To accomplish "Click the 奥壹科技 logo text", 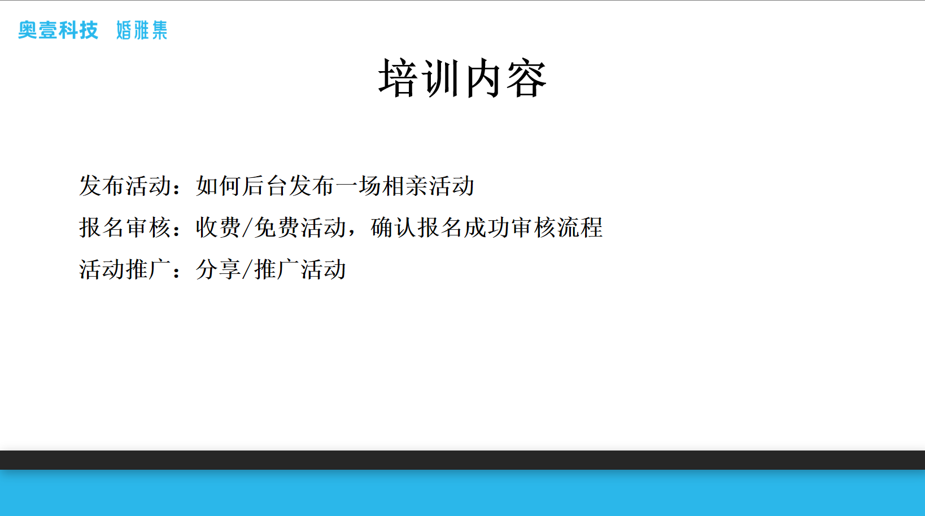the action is point(58,30).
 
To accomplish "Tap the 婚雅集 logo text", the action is point(142,30).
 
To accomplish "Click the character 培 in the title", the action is point(398,78).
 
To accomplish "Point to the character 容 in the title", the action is point(526,78).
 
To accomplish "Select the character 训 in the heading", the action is point(440,78).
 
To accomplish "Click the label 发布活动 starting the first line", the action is point(125,186).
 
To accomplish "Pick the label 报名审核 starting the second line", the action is point(125,228).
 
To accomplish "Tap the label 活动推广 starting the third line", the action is point(125,269).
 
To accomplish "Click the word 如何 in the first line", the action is point(219,186).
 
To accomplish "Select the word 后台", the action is point(265,186).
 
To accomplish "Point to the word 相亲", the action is point(405,186).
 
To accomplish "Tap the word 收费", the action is point(219,228).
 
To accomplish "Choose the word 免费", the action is point(276,228).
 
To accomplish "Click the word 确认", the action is point(393,228).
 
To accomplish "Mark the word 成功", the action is point(486,228).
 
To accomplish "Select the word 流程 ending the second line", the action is point(580,228).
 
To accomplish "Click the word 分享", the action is point(219,269).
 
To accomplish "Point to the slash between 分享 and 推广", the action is point(247,270).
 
